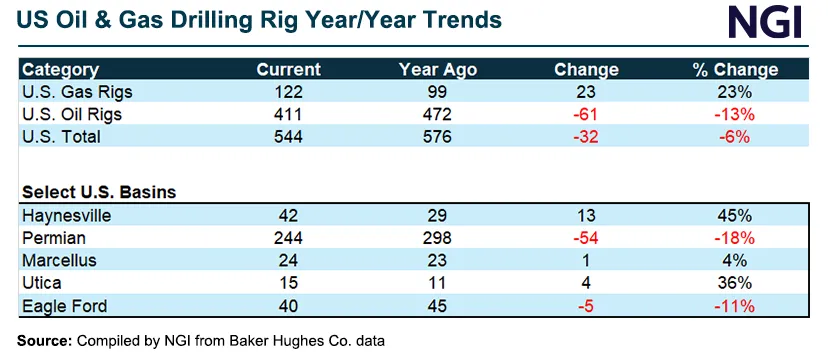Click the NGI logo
pyautogui.click(x=765, y=22)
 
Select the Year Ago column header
pyautogui.click(x=437, y=70)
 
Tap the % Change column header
pyautogui.click(x=736, y=70)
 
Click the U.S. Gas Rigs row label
pyautogui.click(x=77, y=92)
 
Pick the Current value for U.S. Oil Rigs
pyautogui.click(x=288, y=115)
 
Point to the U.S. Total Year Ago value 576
pyautogui.click(x=437, y=137)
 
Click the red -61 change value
pyautogui.click(x=586, y=115)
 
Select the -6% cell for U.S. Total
pyautogui.click(x=736, y=137)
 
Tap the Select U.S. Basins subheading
pyautogui.click(x=99, y=192)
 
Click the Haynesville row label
pyautogui.click(x=67, y=216)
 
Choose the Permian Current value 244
pyautogui.click(x=288, y=239)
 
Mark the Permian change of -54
pyautogui.click(x=586, y=239)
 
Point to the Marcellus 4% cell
pyautogui.click(x=736, y=261)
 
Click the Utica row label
pyautogui.click(x=42, y=283)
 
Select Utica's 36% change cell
pyautogui.click(x=736, y=283)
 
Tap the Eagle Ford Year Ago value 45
pyautogui.click(x=437, y=306)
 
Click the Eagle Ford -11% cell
pyautogui.click(x=736, y=306)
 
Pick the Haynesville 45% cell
pyautogui.click(x=736, y=216)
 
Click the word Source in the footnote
pyautogui.click(x=44, y=341)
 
